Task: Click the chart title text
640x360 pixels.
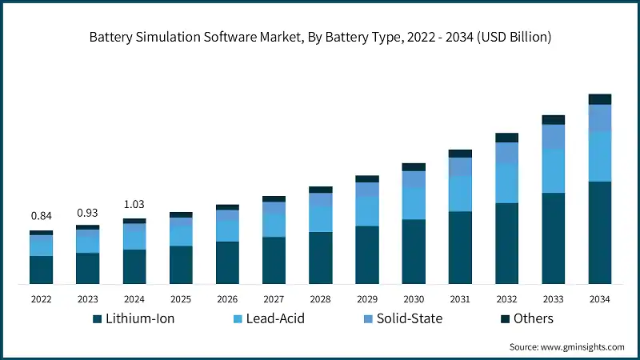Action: point(320,37)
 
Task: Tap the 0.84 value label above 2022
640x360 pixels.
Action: point(41,216)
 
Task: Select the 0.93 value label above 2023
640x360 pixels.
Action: point(87,213)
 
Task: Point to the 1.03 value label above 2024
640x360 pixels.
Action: point(134,205)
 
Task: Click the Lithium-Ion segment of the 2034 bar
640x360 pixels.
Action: point(600,232)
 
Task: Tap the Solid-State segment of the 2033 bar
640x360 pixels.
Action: point(554,138)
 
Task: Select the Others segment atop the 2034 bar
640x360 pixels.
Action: point(600,99)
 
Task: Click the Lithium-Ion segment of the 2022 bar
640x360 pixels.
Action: point(41,270)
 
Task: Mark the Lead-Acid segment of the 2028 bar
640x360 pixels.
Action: point(321,219)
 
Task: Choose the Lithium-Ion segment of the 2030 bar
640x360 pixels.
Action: point(414,251)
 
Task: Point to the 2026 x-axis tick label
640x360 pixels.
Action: point(227,298)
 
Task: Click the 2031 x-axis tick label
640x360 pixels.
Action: point(460,298)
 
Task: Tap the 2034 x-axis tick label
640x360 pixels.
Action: point(600,298)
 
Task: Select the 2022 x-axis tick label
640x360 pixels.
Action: point(41,298)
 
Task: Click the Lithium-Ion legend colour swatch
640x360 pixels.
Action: point(98,318)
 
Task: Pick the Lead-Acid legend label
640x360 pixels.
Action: point(276,318)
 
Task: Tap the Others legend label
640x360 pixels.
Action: point(533,318)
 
